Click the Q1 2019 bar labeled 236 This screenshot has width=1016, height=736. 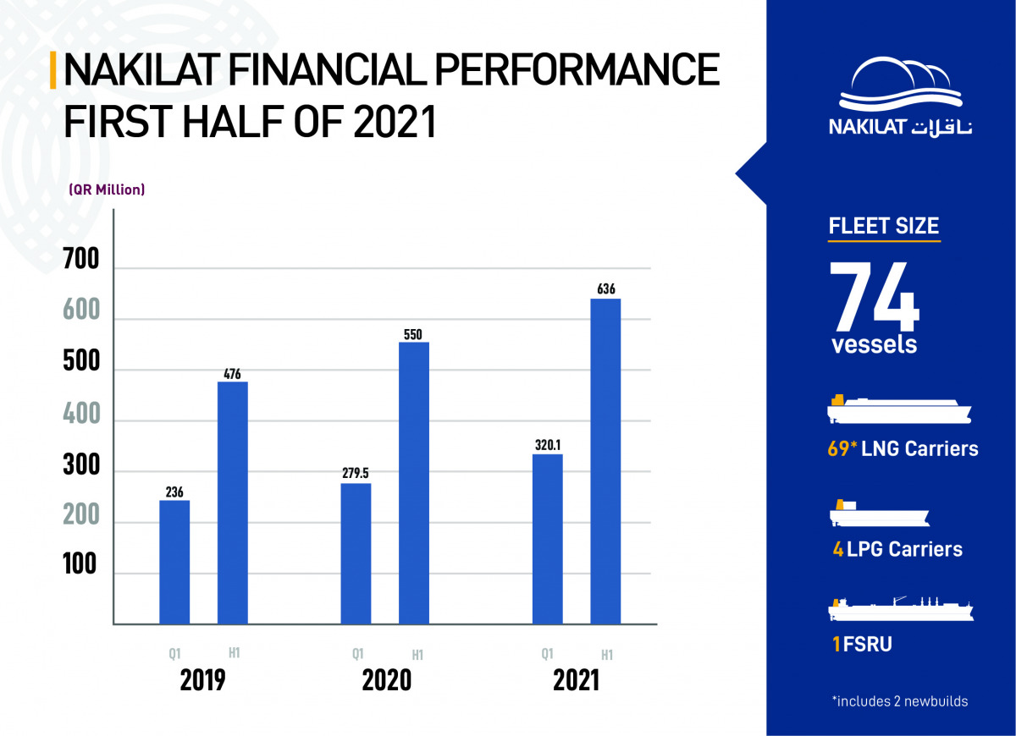[x=174, y=563]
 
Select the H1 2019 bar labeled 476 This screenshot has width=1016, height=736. [x=233, y=503]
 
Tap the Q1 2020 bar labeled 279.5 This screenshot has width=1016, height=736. [x=356, y=554]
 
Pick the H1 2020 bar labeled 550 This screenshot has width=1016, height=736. [x=414, y=483]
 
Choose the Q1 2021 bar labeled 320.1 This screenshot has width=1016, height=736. [x=548, y=540]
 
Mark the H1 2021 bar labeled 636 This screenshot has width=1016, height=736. [x=605, y=462]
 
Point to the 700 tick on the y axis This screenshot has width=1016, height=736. [x=81, y=259]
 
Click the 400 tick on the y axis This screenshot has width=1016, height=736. [x=81, y=414]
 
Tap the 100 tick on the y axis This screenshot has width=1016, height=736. [x=80, y=565]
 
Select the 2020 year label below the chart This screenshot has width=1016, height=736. [x=387, y=681]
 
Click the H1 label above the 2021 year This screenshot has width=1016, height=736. [x=607, y=655]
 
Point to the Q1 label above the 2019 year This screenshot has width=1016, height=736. [x=175, y=653]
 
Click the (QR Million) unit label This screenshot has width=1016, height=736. [x=107, y=189]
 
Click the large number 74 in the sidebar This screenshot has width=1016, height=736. [x=874, y=296]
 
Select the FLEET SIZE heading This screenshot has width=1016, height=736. [x=884, y=226]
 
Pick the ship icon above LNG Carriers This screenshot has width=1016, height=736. [x=898, y=409]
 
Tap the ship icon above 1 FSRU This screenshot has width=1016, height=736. [x=900, y=610]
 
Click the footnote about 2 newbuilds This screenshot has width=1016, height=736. [x=900, y=701]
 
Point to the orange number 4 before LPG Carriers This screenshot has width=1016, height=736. [x=838, y=550]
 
